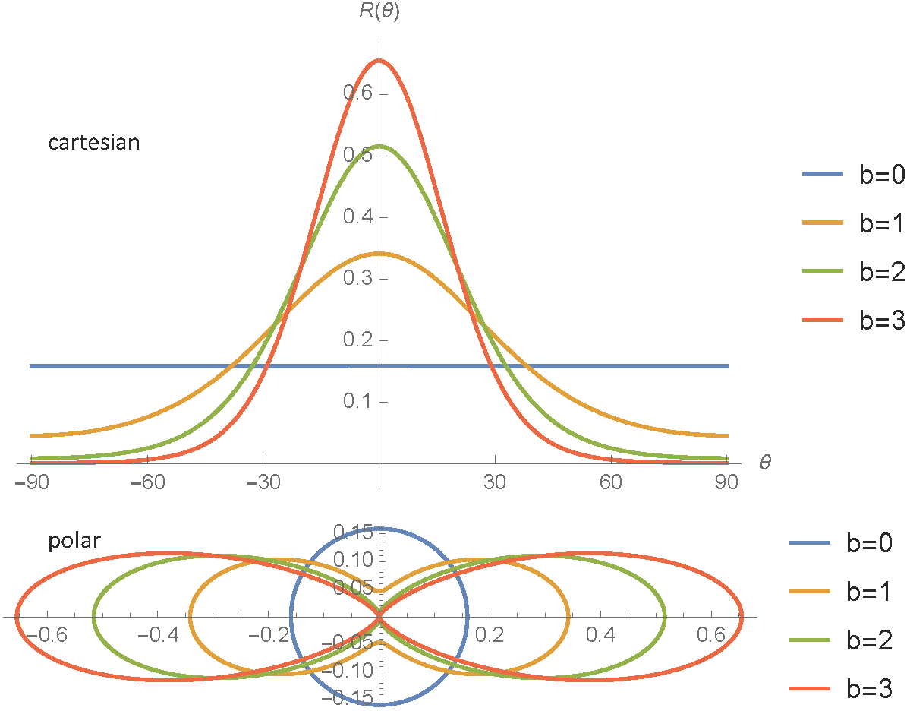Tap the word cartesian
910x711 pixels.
[x=93, y=142]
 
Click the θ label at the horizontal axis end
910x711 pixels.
[x=765, y=461]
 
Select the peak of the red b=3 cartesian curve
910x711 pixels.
[x=379, y=61]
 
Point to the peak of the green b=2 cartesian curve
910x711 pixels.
[x=379, y=146]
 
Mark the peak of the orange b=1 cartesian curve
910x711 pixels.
[x=379, y=253]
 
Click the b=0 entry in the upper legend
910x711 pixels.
[x=850, y=175]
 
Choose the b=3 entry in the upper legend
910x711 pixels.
[x=850, y=321]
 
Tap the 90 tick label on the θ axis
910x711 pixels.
[x=727, y=482]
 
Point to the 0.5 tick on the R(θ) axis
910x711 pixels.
[x=354, y=155]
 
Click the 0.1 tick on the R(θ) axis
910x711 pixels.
[x=354, y=402]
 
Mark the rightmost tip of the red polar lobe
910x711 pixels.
[x=742, y=617]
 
